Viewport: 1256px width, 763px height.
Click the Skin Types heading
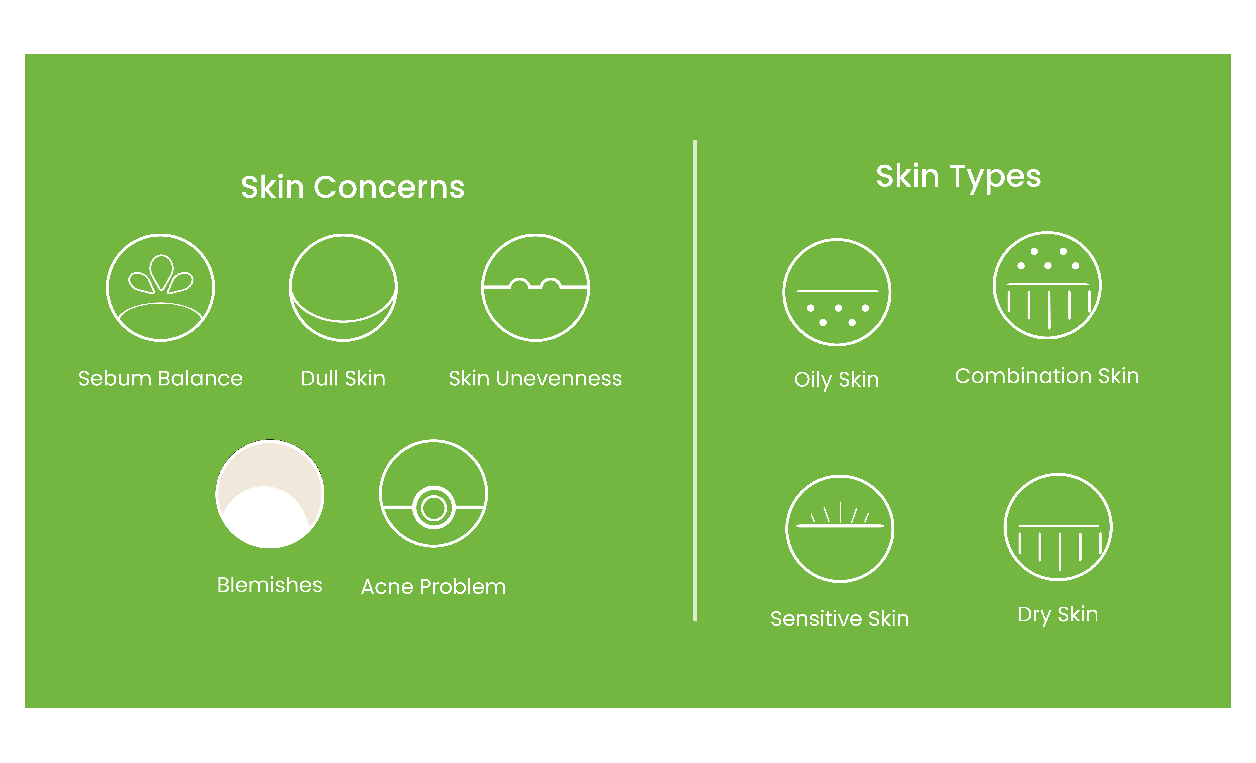tap(958, 177)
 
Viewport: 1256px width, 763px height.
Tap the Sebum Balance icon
tap(160, 288)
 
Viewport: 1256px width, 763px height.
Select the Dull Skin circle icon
tap(343, 288)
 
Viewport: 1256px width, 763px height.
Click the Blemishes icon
tap(270, 494)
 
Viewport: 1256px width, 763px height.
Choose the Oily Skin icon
tap(837, 292)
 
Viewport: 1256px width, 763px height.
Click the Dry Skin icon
tap(1058, 527)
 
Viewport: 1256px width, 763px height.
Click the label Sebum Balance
tap(160, 378)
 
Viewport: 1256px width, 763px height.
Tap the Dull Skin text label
tap(343, 378)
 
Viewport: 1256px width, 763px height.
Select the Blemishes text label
tap(270, 585)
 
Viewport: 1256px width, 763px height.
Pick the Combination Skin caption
tap(1047, 376)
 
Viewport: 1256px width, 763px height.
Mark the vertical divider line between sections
tap(695, 380)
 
